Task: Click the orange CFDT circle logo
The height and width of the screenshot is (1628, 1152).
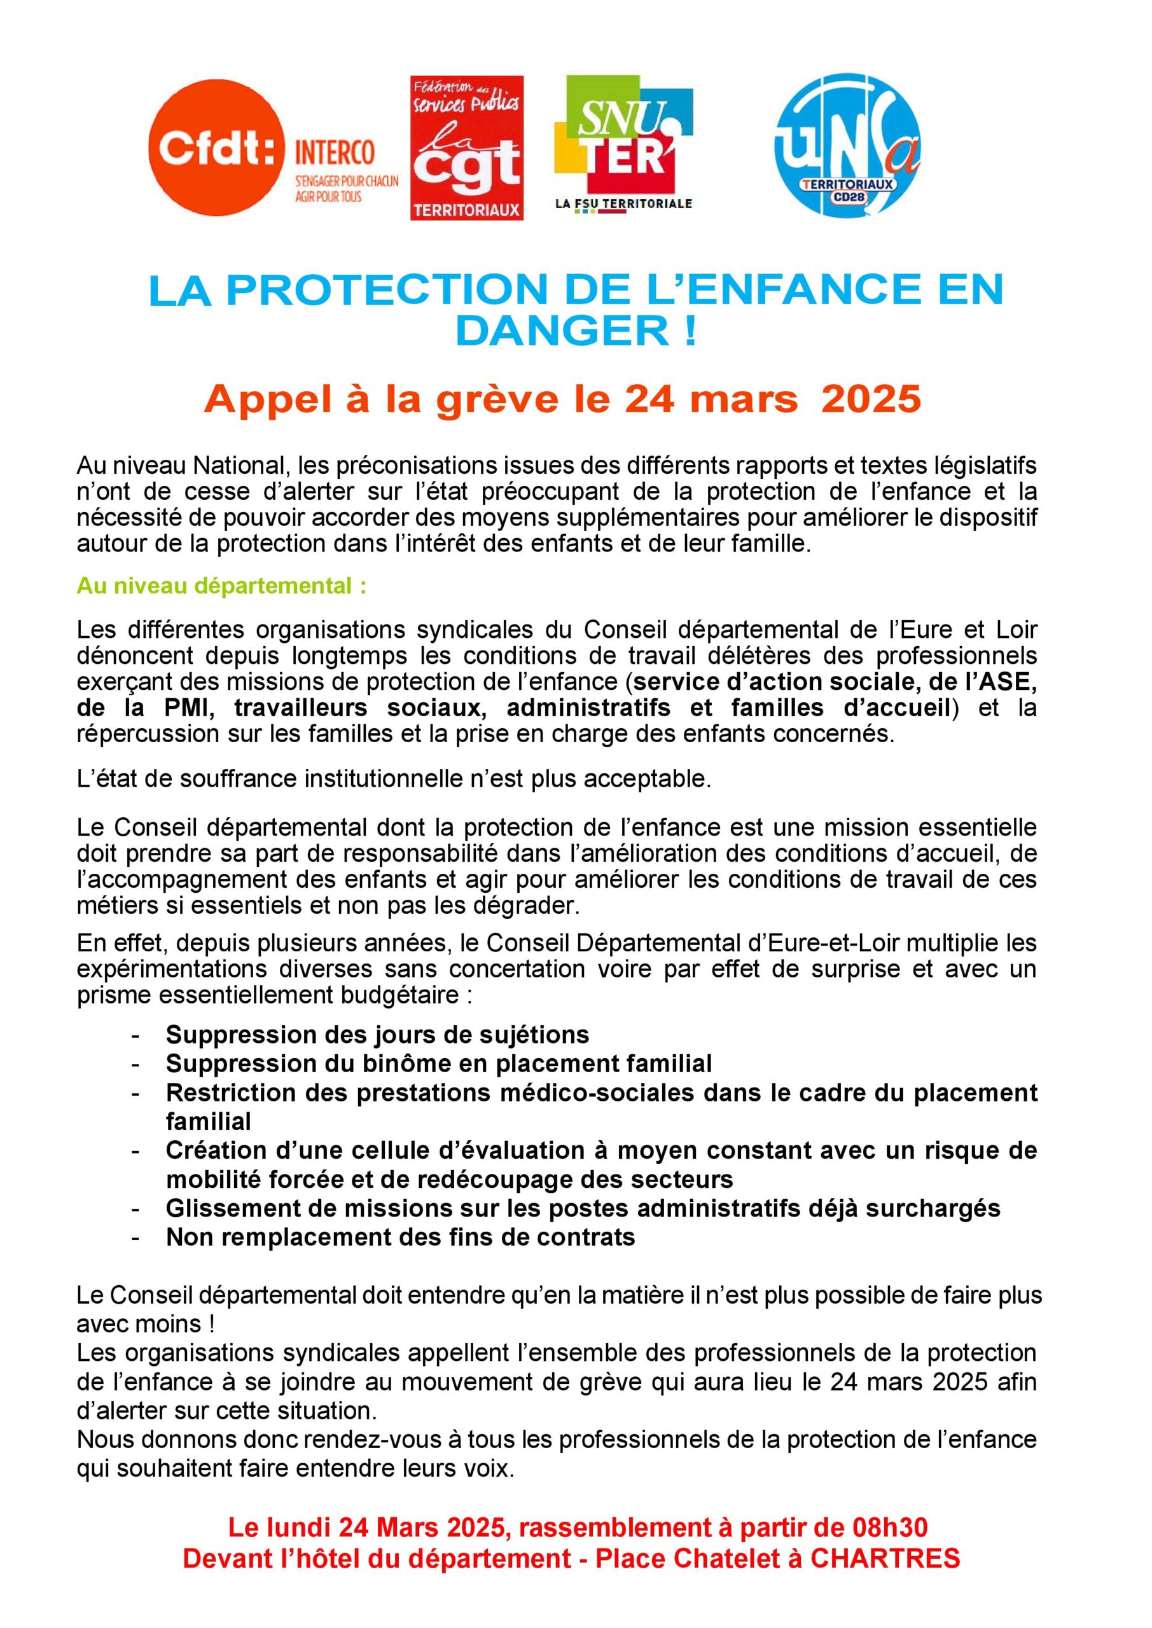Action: [x=216, y=147]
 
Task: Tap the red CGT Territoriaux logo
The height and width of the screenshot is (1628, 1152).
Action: [x=467, y=148]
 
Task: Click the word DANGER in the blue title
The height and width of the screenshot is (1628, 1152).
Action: [x=559, y=331]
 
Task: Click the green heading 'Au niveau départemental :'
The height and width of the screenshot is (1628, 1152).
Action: [x=222, y=586]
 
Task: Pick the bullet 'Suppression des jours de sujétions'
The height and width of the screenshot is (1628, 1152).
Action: [x=377, y=1035]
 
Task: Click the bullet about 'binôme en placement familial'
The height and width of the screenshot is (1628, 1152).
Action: [x=438, y=1063]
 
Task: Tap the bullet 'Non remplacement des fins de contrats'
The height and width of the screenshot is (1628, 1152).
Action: [x=400, y=1237]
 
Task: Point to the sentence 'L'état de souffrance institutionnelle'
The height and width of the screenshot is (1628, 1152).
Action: [x=394, y=778]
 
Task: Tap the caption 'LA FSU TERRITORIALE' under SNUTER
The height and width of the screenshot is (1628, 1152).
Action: [x=623, y=204]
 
